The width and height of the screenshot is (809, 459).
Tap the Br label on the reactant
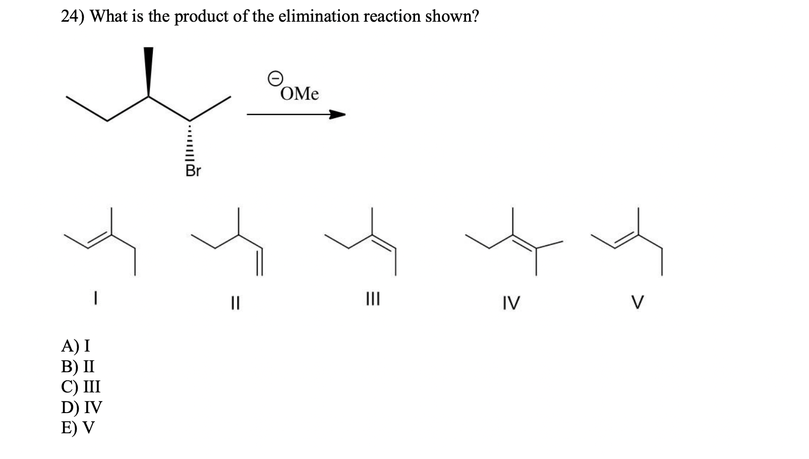(193, 171)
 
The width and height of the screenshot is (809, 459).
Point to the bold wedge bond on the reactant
(148, 71)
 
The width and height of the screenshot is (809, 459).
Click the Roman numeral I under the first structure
(95, 300)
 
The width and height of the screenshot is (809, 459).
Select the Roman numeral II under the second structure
(235, 303)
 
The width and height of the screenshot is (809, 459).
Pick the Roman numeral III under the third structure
(372, 300)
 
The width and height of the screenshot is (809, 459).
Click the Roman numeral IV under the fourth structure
(510, 303)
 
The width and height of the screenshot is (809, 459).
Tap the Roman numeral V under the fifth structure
(638, 303)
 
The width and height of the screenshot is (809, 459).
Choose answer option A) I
(76, 346)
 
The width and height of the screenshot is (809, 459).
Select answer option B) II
(78, 366)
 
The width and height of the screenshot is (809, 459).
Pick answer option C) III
(81, 386)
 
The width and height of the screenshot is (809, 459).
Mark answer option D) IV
(81, 407)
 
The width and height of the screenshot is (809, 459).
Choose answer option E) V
(78, 427)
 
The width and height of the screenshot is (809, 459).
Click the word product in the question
(202, 17)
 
